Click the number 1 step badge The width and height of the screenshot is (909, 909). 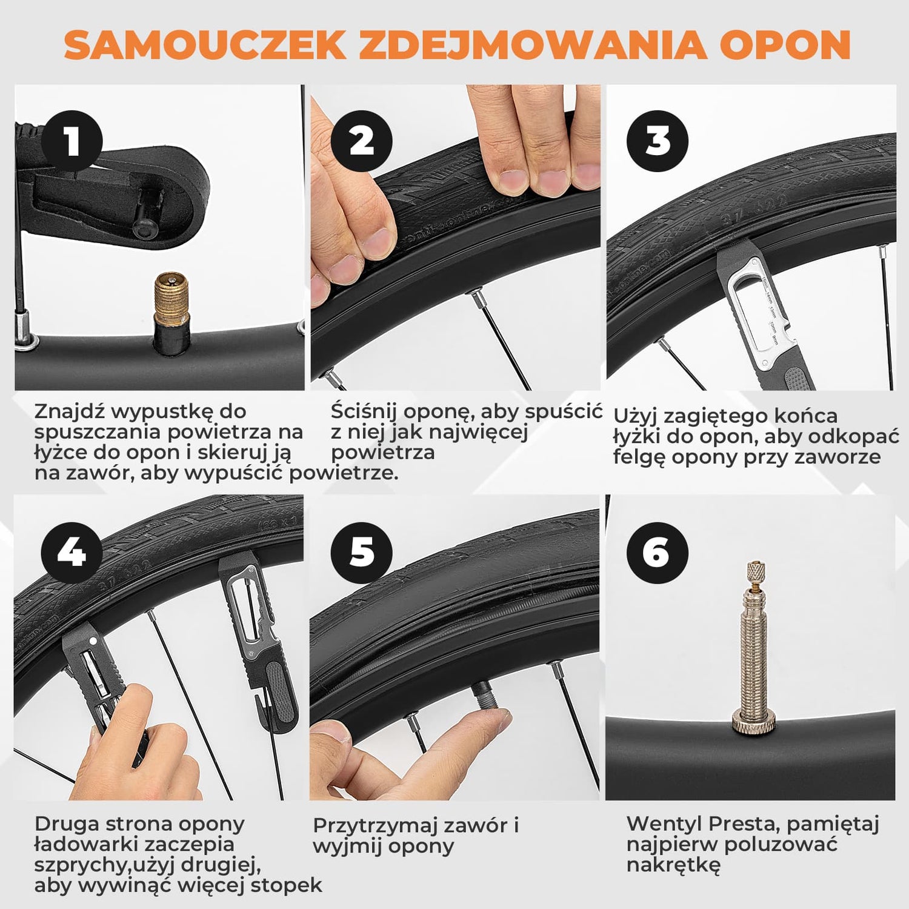[x=72, y=141]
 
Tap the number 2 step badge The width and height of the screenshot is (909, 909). [x=362, y=141]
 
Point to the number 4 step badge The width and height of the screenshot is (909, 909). [x=72, y=553]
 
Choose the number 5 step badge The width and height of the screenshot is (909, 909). [x=362, y=553]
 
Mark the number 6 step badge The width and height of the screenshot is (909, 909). [x=658, y=553]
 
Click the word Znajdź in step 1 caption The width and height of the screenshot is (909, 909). [x=71, y=412]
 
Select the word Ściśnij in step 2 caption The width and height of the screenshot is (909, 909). [x=364, y=412]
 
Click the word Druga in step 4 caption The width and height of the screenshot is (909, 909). [x=67, y=825]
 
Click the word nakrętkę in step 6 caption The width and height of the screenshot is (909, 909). [x=673, y=865]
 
